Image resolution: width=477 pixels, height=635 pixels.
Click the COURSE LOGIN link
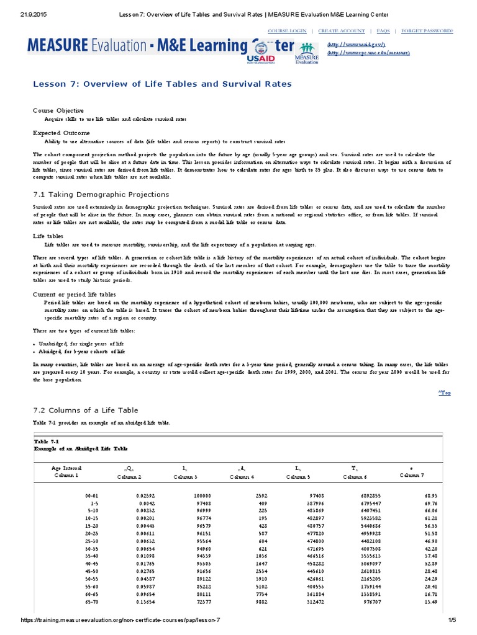click(x=287, y=30)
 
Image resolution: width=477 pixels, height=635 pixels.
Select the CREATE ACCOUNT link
click(x=341, y=30)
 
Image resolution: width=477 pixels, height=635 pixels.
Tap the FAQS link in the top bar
click(x=383, y=30)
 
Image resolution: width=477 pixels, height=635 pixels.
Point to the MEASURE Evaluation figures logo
click(x=306, y=51)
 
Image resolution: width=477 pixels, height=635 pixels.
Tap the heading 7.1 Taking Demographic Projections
click(x=101, y=195)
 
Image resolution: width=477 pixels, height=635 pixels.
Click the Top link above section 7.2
click(x=444, y=393)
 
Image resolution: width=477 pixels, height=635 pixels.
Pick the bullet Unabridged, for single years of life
click(x=82, y=343)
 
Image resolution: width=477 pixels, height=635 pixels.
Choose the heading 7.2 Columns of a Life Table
click(x=85, y=410)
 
